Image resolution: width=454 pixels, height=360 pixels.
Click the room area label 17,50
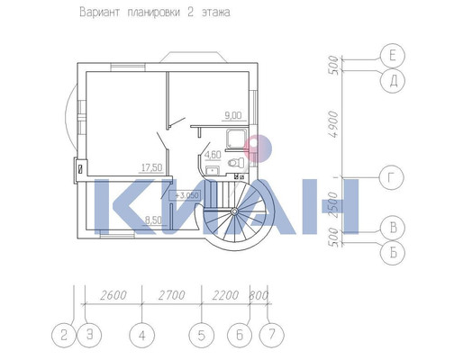152,167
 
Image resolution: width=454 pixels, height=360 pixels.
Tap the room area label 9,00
233,115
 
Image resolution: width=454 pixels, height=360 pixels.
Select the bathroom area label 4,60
213,155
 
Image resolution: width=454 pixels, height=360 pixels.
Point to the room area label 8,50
153,220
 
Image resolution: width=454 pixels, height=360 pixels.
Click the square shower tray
237,138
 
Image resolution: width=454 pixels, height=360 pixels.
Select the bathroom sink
213,170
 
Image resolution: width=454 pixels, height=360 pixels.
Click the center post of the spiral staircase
234,211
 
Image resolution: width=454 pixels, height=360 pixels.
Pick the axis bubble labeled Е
393,56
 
